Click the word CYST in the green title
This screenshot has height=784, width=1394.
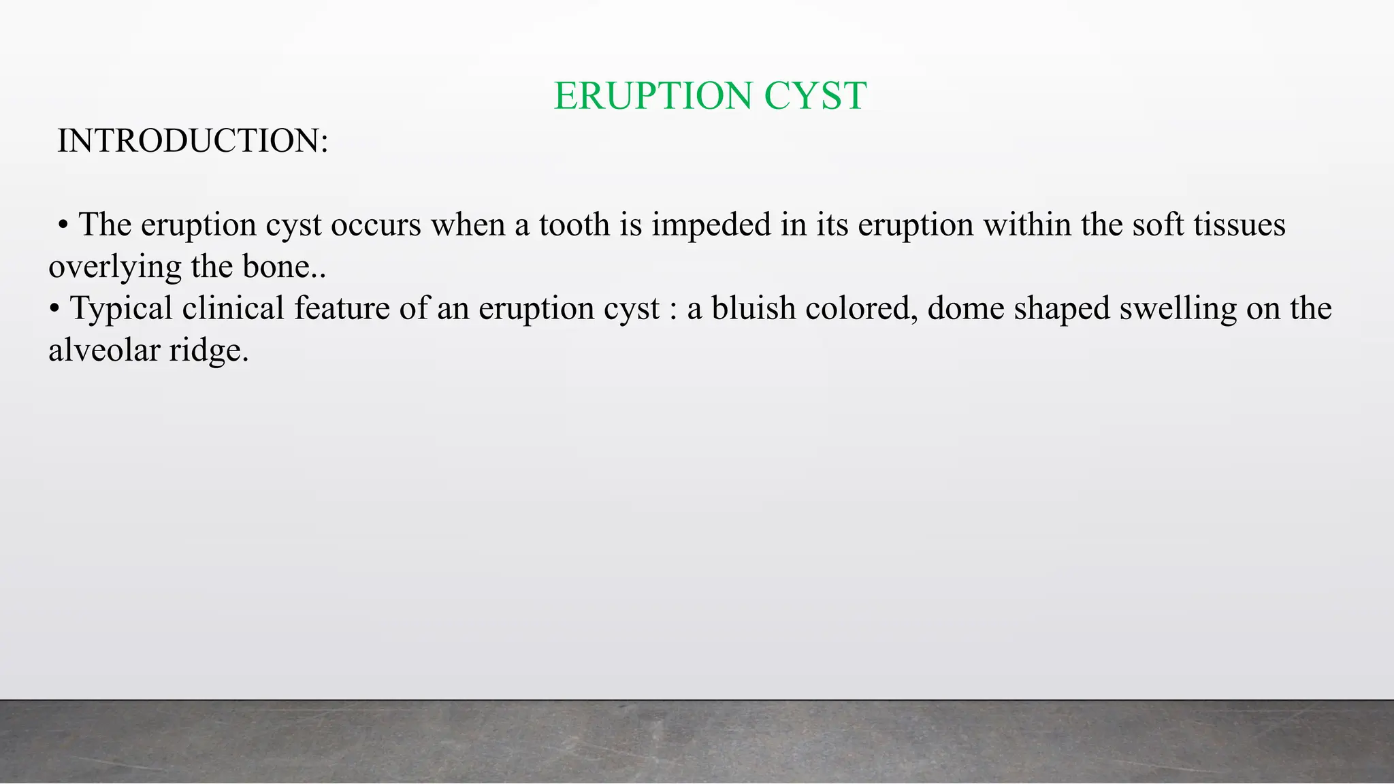pos(815,95)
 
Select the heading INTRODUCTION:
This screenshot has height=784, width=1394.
pos(193,141)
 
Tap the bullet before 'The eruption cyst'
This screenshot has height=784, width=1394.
pos(63,225)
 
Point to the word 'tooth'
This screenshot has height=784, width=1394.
pos(574,225)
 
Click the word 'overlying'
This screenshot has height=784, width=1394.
pos(115,267)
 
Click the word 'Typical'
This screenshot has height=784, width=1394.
pos(121,308)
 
